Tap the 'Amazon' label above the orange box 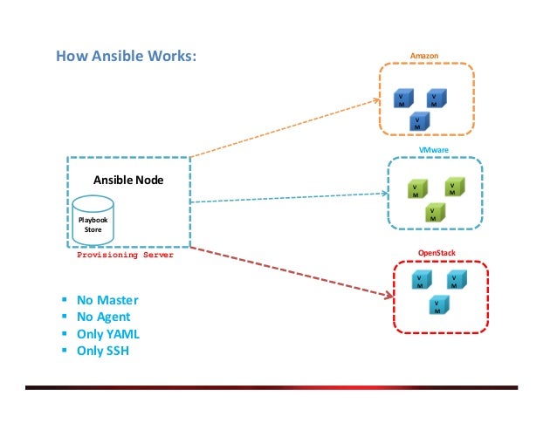pos(424,56)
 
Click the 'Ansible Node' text pos(128,180)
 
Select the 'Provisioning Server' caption pos(125,256)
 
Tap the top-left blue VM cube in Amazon pos(403,99)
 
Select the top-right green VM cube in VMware pos(453,188)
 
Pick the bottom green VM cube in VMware pos(433,212)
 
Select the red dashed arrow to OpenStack pos(288,270)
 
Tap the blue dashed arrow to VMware pos(288,198)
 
